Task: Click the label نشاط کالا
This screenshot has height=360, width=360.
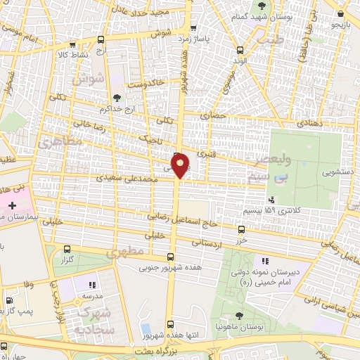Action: pyautogui.click(x=75, y=53)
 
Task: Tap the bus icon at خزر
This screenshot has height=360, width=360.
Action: pyautogui.click(x=242, y=229)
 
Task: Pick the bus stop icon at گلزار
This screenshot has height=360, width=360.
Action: pyautogui.click(x=67, y=249)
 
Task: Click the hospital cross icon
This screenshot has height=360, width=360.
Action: pyautogui.click(x=11, y=205)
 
